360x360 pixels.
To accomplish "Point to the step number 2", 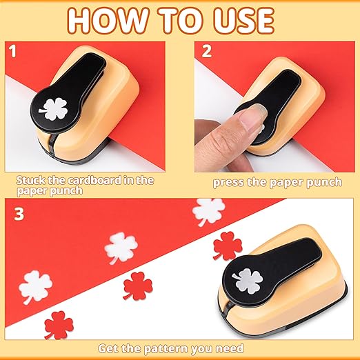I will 206,52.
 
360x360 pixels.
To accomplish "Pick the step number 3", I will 19,214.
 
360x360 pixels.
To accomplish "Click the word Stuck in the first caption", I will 32,179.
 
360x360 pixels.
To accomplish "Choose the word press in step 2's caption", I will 229,183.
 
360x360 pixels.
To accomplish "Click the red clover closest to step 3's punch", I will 225,246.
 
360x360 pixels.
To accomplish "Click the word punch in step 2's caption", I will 323,183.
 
